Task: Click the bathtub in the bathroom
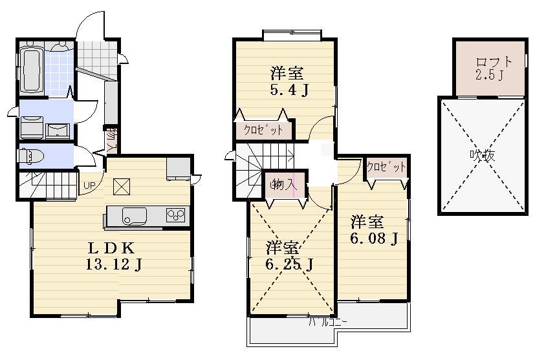[x=31, y=70]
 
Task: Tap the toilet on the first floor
[x=30, y=156]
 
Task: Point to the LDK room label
[x=111, y=248]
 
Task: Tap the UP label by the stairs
[x=89, y=187]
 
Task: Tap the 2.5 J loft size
[x=490, y=75]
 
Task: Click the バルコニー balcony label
[x=327, y=321]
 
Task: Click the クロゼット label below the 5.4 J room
[x=263, y=130]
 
